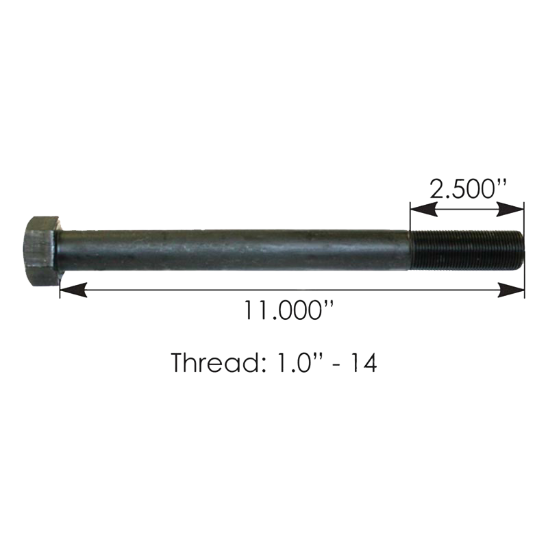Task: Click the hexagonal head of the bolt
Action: [40, 251]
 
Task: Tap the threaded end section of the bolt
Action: [466, 249]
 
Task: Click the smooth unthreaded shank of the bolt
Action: [234, 250]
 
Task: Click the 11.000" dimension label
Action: [288, 310]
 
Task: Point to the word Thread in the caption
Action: [214, 362]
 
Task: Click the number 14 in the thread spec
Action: [364, 362]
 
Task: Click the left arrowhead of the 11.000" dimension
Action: [73, 290]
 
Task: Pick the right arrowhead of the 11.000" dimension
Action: [511, 290]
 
